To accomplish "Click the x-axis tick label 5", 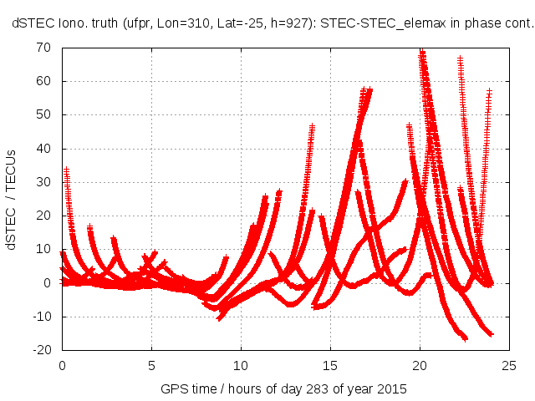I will point(151,365).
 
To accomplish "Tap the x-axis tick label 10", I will point(241,365).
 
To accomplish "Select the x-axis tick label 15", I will point(330,365).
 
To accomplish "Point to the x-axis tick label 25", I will point(509,365).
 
